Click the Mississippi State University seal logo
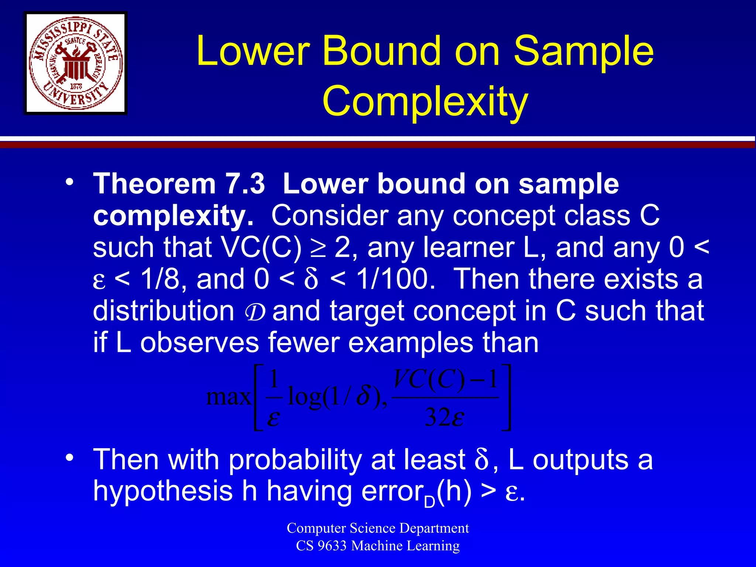coord(76,63)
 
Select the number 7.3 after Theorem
coord(245,183)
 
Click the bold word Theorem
coord(154,183)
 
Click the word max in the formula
coord(228,397)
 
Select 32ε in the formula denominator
coord(444,417)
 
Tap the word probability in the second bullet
coord(295,460)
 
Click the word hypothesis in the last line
coord(162,491)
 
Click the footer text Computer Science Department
coord(378,528)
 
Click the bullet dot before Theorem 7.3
coord(69,182)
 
